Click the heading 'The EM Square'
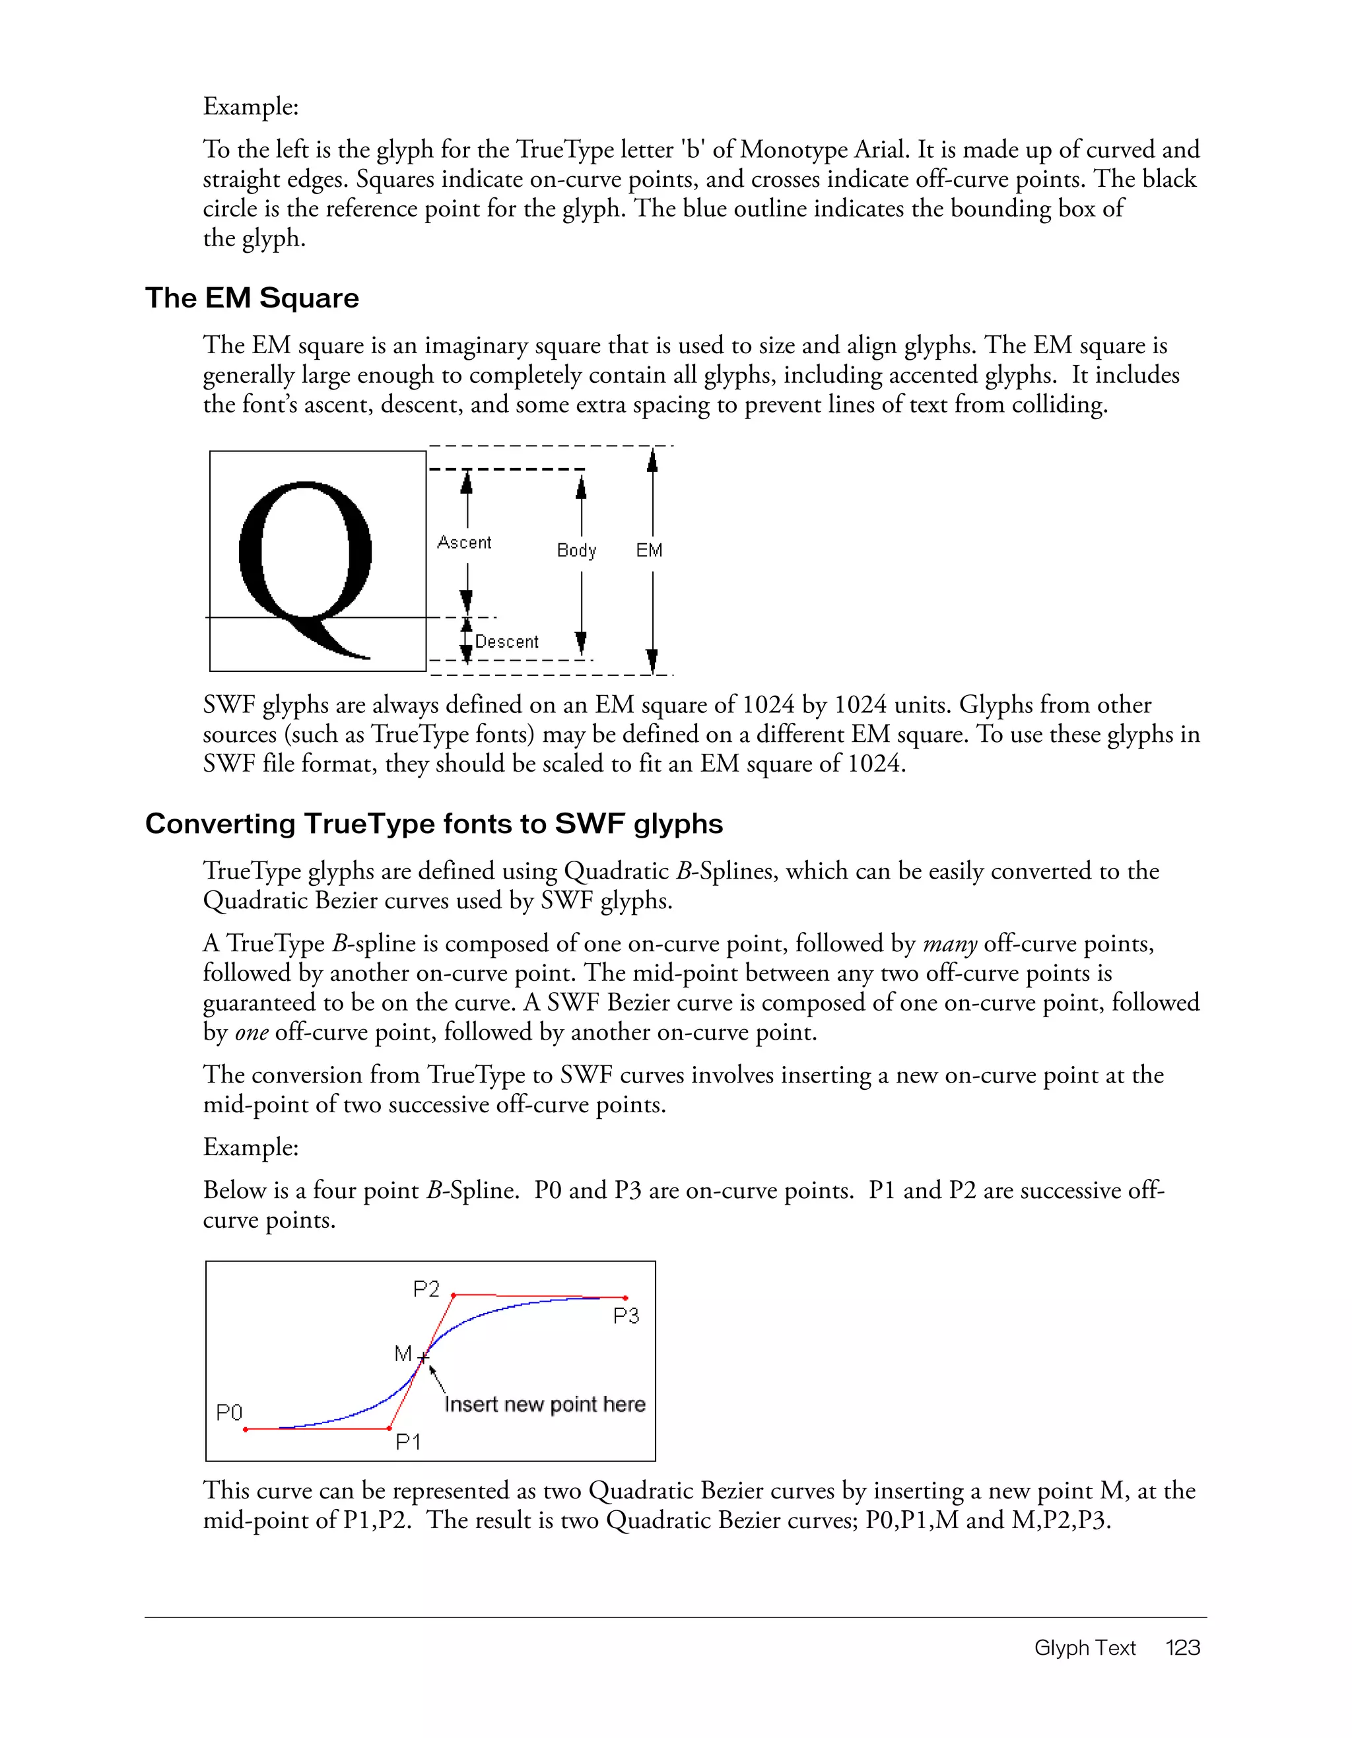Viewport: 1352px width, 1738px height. click(x=252, y=298)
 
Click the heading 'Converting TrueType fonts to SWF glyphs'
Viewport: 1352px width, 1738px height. click(x=434, y=824)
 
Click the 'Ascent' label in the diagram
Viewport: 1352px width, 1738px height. click(x=464, y=543)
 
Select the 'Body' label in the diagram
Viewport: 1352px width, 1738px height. click(x=576, y=551)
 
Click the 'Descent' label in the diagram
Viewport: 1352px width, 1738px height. click(x=507, y=642)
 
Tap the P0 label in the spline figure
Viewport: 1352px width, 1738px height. click(x=229, y=1413)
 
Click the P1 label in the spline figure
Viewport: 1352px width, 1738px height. click(x=408, y=1442)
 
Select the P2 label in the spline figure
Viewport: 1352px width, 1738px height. click(x=426, y=1289)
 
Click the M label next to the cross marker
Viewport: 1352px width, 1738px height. click(x=403, y=1354)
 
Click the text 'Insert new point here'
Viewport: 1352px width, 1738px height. click(x=545, y=1405)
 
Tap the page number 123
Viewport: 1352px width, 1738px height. click(x=1182, y=1648)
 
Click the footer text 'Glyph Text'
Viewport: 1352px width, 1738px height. click(x=1085, y=1648)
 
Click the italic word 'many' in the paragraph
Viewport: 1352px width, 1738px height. click(x=949, y=944)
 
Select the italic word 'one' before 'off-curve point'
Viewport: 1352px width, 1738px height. click(x=251, y=1033)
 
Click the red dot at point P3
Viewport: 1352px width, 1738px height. click(x=625, y=1298)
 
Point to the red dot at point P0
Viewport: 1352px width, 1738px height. click(x=246, y=1429)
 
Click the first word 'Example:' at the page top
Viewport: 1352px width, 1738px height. click(x=251, y=107)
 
